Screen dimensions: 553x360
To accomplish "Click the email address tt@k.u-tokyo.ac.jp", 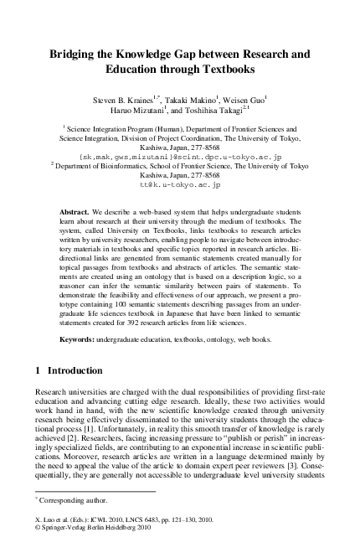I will pyautogui.click(x=180, y=182).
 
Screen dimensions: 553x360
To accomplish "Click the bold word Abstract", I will pyautogui.click(x=76, y=213).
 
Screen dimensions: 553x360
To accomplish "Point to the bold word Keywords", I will pyautogui.click(x=80, y=339).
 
